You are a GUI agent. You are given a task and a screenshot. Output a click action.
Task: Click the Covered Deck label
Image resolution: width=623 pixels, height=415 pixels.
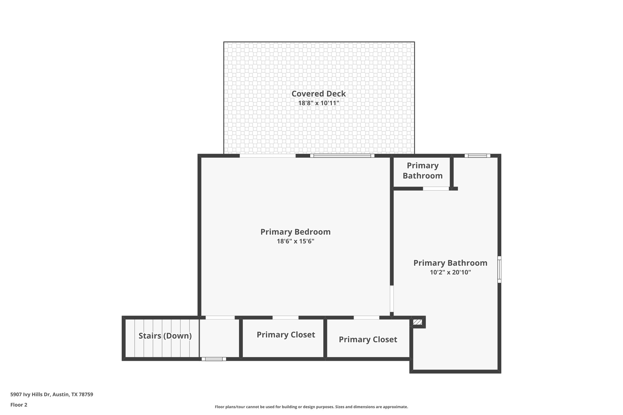[318, 94]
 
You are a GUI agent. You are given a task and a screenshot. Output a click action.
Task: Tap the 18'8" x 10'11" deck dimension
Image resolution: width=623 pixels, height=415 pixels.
[318, 103]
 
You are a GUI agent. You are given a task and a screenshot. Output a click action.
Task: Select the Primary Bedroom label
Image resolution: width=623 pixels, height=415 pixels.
[295, 232]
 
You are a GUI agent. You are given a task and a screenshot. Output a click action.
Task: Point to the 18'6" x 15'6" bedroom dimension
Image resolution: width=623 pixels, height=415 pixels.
[295, 241]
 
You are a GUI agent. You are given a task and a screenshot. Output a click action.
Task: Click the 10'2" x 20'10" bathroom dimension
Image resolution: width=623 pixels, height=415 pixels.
[450, 272]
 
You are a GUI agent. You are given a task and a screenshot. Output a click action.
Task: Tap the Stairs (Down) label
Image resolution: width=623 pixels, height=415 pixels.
[165, 336]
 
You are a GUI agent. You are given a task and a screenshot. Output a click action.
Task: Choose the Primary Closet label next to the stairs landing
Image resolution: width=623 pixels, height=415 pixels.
[286, 335]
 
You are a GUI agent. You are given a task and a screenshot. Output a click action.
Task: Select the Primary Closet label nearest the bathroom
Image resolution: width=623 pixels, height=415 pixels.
[368, 340]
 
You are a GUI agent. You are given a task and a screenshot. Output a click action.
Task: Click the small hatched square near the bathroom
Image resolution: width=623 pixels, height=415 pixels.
[417, 322]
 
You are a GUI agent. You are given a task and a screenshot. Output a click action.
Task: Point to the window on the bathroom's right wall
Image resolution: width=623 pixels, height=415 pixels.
[499, 270]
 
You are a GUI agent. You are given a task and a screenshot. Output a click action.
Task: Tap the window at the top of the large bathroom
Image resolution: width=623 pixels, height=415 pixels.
[477, 156]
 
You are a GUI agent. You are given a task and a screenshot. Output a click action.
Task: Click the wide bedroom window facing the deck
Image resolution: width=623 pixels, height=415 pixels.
[342, 156]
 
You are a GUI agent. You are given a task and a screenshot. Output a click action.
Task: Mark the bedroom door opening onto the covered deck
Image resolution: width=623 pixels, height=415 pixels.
[267, 156]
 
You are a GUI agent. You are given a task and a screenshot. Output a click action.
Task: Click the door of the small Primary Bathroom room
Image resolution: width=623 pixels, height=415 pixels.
[436, 188]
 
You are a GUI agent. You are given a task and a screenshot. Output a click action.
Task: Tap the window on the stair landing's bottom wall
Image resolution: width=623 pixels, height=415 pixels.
[214, 359]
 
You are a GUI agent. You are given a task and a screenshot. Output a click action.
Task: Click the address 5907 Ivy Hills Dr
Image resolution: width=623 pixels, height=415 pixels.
[52, 395]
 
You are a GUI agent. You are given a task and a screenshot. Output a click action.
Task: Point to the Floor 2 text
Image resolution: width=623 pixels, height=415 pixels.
[19, 405]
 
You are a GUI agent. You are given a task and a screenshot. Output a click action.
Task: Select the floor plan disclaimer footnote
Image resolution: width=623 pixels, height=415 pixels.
[311, 407]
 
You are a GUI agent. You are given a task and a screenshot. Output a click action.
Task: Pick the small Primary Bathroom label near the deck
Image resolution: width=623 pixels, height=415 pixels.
[423, 171]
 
